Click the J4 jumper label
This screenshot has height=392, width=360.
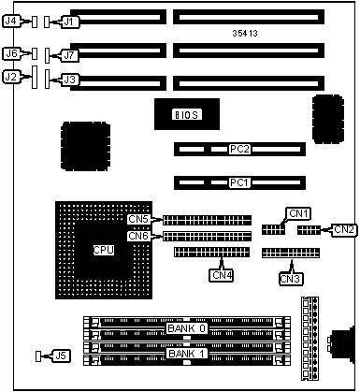pos(11,22)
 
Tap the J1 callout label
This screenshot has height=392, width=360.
pos(70,22)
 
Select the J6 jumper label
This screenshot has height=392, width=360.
pos(12,53)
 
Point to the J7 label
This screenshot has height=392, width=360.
pos(70,55)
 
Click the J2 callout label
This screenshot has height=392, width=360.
pos(11,77)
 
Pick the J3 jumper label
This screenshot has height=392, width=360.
pos(70,80)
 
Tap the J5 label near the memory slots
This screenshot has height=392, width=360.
pos(62,356)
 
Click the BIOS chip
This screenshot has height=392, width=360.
pos(187,114)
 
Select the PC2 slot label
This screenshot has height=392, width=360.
pos(239,149)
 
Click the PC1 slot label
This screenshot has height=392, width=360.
pos(239,182)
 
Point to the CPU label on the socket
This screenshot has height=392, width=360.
pos(104,250)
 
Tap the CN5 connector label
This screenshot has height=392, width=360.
pos(138,219)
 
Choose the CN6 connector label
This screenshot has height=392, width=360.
pos(138,236)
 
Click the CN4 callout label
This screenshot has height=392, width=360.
pos(222,275)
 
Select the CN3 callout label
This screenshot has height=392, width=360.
pos(291,279)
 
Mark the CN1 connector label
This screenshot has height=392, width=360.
pos(298,213)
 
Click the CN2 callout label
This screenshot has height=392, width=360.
pos(344,230)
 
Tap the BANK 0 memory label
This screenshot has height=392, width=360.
pos(187,328)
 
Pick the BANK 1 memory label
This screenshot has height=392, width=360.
pos(187,354)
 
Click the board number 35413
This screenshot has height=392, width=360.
pos(245,34)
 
